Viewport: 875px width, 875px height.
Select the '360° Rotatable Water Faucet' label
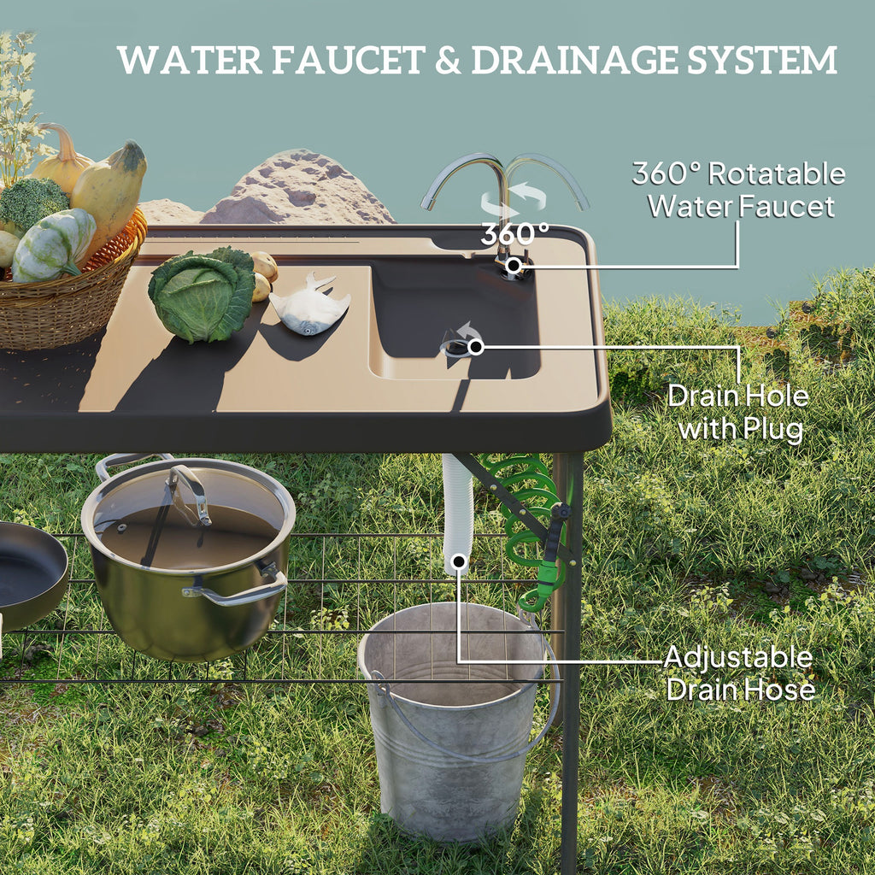[x=738, y=189]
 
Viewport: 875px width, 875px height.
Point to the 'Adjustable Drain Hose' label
[x=739, y=673]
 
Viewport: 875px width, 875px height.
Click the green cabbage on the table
[x=202, y=295]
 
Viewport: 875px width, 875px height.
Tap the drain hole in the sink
[x=456, y=346]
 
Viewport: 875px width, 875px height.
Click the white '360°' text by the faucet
[x=514, y=233]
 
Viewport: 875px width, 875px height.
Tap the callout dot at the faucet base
[x=513, y=266]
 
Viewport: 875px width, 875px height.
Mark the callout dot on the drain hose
[x=459, y=562]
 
